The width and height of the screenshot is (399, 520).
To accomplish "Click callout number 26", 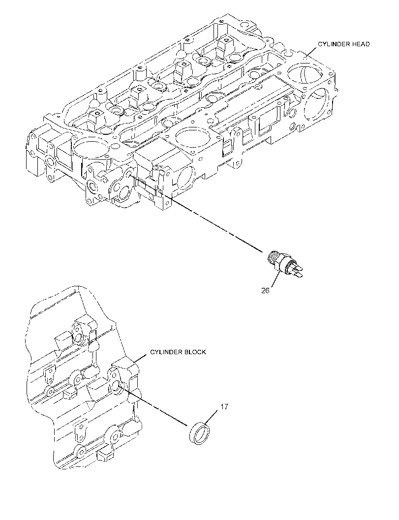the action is click(265, 291).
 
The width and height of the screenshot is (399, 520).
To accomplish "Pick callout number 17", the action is click(224, 406).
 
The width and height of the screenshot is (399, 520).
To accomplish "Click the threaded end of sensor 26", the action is click(273, 257).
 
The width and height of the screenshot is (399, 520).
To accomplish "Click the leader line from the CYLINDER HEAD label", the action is click(310, 51).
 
